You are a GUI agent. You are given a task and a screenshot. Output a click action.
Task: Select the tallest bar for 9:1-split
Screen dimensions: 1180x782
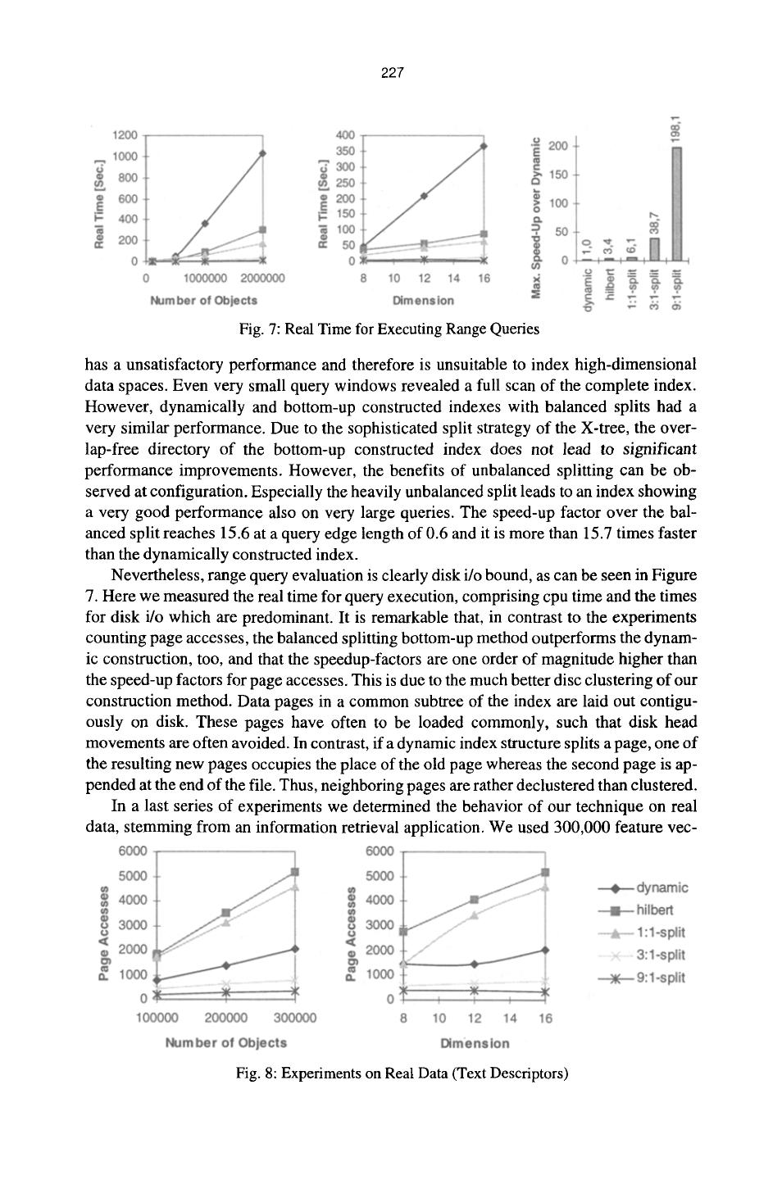677,202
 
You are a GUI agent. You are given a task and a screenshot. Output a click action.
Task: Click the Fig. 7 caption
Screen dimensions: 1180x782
389,329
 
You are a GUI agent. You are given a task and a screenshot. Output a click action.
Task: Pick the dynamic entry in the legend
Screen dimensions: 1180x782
642,887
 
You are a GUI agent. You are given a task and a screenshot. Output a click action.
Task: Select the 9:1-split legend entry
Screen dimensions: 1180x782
642,978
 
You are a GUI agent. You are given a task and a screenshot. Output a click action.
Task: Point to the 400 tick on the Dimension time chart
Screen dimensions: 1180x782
343,135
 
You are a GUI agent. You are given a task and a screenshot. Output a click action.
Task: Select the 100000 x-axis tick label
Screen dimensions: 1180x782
155,1019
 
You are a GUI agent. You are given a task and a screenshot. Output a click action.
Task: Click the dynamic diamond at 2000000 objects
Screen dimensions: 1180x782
262,153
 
